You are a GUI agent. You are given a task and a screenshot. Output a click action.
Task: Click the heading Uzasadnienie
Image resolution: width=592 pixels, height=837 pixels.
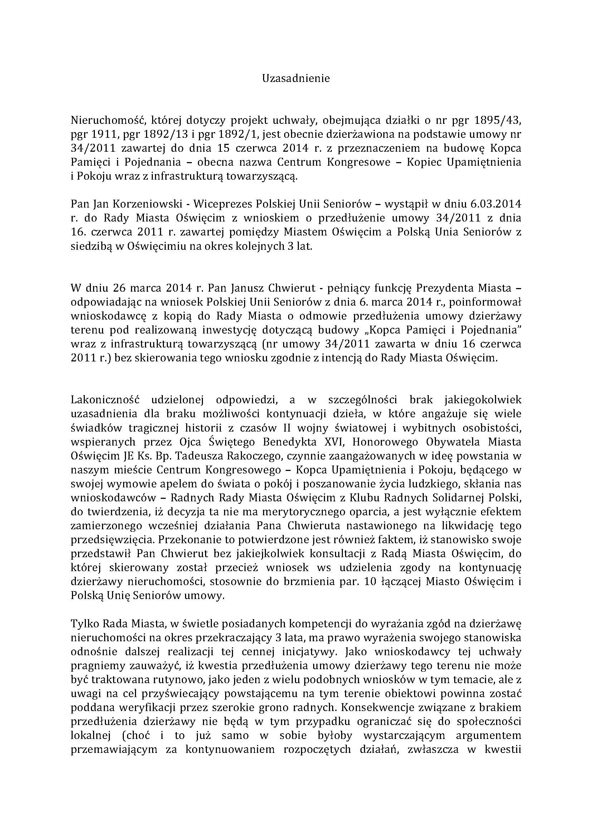click(x=296, y=78)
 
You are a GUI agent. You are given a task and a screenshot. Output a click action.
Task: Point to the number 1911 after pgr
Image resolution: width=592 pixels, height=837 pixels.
click(x=102, y=134)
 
